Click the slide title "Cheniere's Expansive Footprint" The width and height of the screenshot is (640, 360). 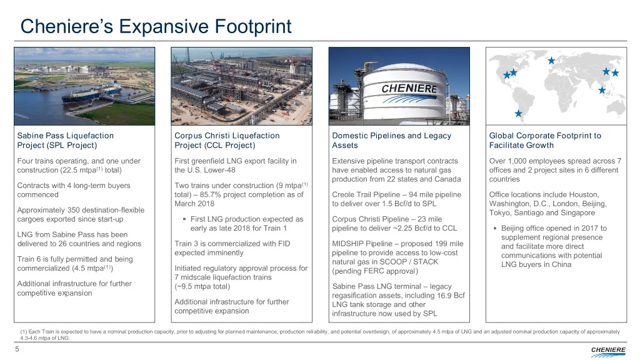click(156, 26)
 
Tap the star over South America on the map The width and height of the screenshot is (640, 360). click(518, 113)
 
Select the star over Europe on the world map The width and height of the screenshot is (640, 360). click(551, 61)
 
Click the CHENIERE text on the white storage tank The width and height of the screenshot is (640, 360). click(409, 88)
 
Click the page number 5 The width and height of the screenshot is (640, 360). click(17, 349)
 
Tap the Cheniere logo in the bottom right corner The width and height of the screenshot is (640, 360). click(608, 351)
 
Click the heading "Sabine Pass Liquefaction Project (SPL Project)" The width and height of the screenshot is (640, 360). click(65, 141)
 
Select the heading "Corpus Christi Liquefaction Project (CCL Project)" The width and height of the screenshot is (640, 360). click(227, 141)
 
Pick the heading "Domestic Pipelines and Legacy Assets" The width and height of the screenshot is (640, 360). click(391, 141)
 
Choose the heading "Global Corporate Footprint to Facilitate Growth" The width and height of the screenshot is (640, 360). click(545, 141)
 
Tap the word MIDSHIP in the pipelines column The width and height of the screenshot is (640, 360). click(347, 244)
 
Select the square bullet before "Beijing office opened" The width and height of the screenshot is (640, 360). click(495, 229)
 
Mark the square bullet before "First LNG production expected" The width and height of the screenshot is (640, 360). click(184, 219)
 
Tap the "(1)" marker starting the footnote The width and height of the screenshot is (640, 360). click(24, 332)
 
